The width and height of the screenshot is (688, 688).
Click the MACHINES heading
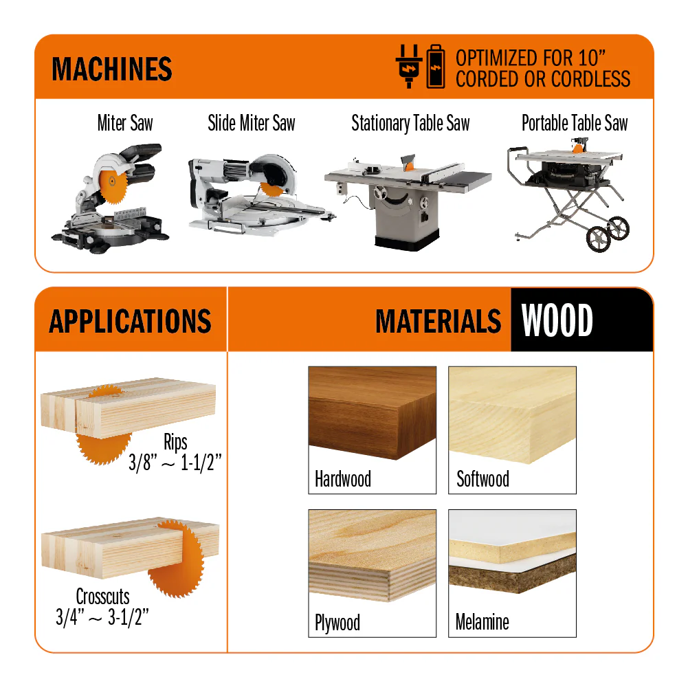point(112,69)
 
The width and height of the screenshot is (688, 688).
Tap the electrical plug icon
point(408,66)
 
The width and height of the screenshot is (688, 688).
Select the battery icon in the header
point(436,66)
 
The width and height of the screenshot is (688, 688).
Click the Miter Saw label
point(125,123)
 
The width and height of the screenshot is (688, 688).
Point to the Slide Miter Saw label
point(252,123)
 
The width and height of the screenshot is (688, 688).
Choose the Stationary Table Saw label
point(411,123)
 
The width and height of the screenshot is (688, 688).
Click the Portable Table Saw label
point(575,123)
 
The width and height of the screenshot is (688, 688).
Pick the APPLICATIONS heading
point(130,321)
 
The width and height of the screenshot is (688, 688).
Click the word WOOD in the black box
point(557,320)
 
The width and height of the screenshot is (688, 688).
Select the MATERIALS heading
point(438,321)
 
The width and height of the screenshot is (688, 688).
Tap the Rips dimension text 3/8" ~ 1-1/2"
point(175,463)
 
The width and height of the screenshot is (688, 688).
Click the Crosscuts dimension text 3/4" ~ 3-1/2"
point(102,617)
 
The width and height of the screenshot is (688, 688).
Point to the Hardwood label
point(343,478)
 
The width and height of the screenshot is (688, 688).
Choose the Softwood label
point(482,478)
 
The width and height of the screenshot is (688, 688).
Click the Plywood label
point(337,623)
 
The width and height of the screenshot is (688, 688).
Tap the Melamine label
point(482,622)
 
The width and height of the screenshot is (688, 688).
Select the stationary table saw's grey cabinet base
point(406,215)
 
